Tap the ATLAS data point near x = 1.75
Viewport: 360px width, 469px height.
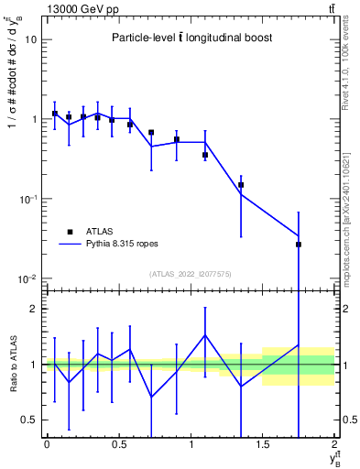click(299, 245)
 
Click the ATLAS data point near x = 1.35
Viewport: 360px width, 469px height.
click(241, 185)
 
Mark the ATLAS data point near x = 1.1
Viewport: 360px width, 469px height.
click(205, 155)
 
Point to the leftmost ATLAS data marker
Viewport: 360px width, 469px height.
click(55, 114)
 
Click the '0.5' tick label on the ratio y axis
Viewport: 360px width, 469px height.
click(28, 420)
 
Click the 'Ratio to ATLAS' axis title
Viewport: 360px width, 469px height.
click(13, 364)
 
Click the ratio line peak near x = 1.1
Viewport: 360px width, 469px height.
click(205, 334)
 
